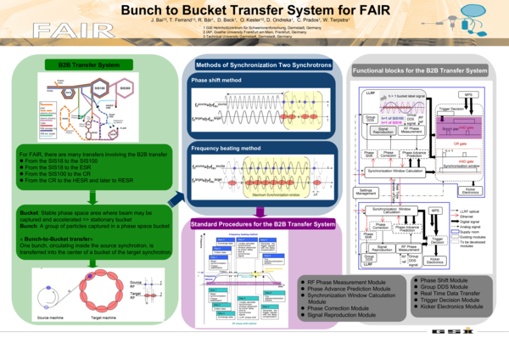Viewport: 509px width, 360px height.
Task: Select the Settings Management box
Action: (x=367, y=192)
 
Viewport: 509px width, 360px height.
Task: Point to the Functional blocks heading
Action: (x=420, y=70)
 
